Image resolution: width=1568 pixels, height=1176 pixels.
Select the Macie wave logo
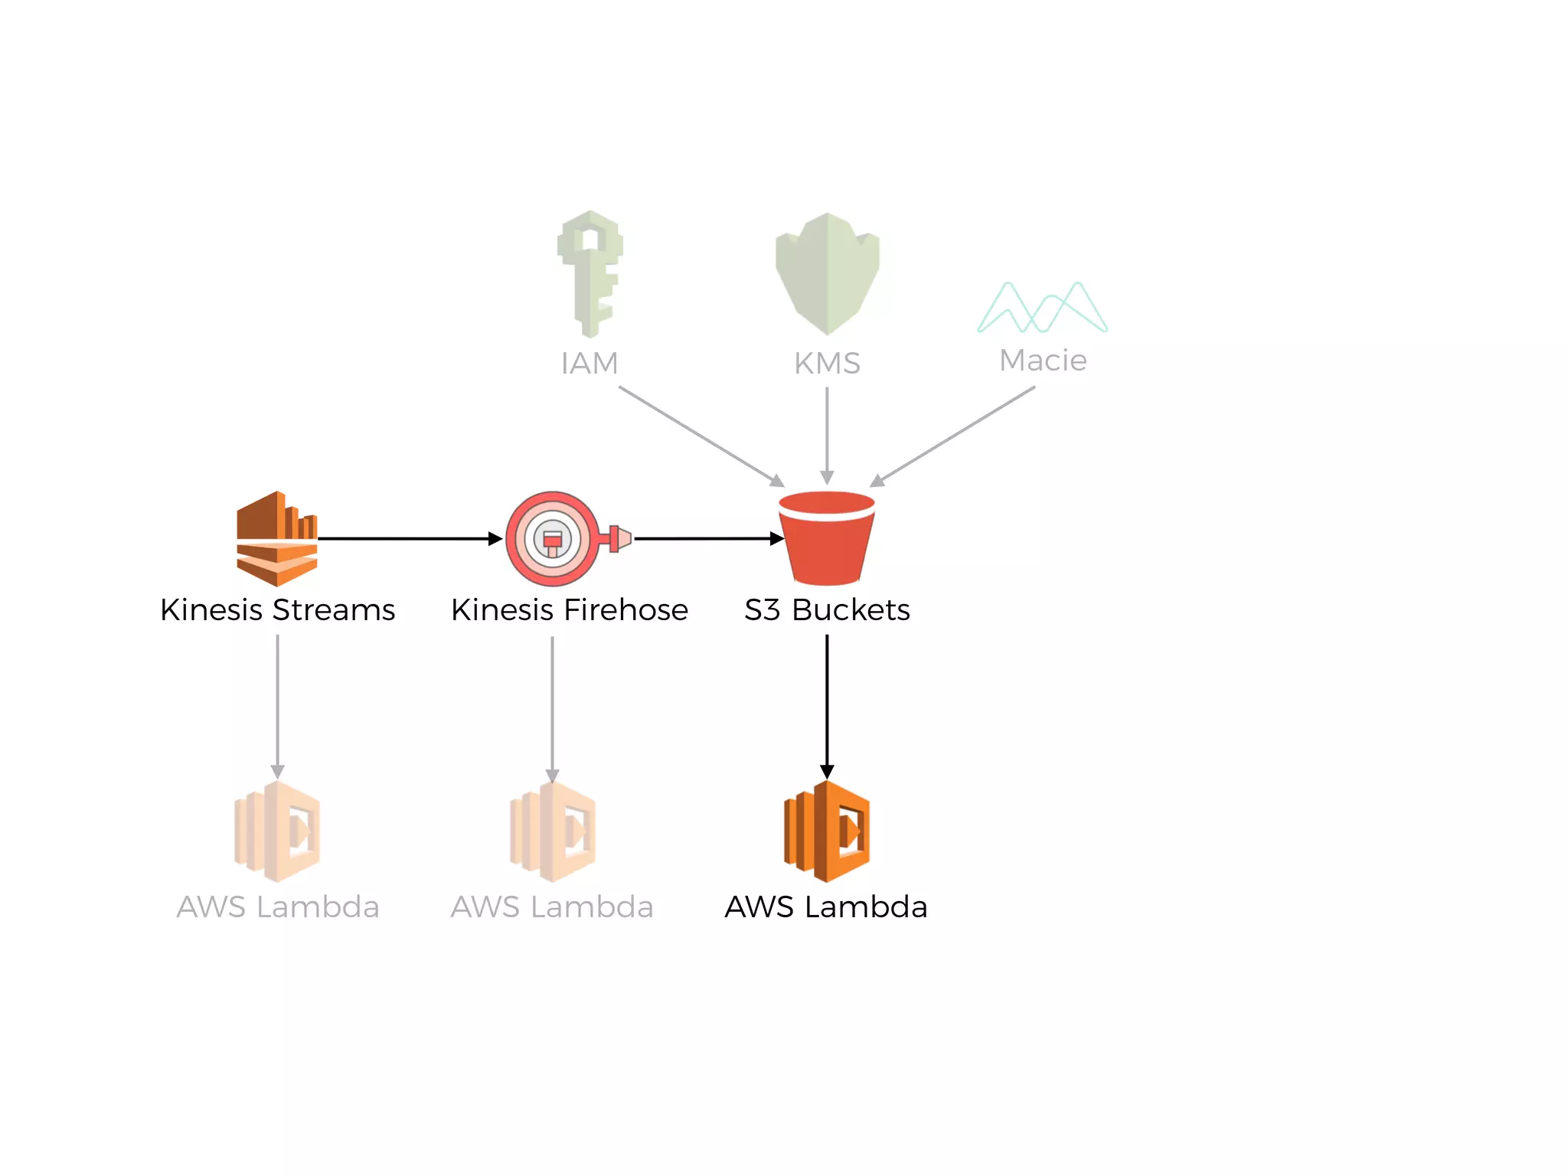(x=1042, y=308)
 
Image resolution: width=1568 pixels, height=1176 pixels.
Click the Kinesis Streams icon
(x=276, y=539)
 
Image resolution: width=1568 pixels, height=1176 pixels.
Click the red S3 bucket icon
(x=827, y=537)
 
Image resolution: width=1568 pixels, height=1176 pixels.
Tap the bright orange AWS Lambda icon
(x=827, y=831)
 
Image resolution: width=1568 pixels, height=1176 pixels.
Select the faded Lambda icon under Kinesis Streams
(x=277, y=831)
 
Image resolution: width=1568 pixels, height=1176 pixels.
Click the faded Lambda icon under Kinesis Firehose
(x=553, y=831)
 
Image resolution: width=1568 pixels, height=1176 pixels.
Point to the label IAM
(x=590, y=364)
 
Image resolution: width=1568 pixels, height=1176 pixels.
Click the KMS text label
(x=827, y=364)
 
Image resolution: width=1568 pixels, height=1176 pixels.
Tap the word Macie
(x=1043, y=361)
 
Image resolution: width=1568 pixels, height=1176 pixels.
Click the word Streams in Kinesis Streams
(x=334, y=610)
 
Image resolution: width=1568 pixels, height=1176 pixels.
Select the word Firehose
(x=626, y=610)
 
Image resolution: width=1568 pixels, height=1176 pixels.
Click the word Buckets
(x=851, y=610)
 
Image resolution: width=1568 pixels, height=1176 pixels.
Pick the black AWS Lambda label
(x=826, y=907)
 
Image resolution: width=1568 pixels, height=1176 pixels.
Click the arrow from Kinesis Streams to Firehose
(x=410, y=539)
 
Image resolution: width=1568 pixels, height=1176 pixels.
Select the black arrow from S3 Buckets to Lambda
(x=827, y=704)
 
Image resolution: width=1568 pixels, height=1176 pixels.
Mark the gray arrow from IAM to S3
(x=701, y=436)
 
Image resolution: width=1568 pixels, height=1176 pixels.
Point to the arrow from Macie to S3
(x=953, y=436)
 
